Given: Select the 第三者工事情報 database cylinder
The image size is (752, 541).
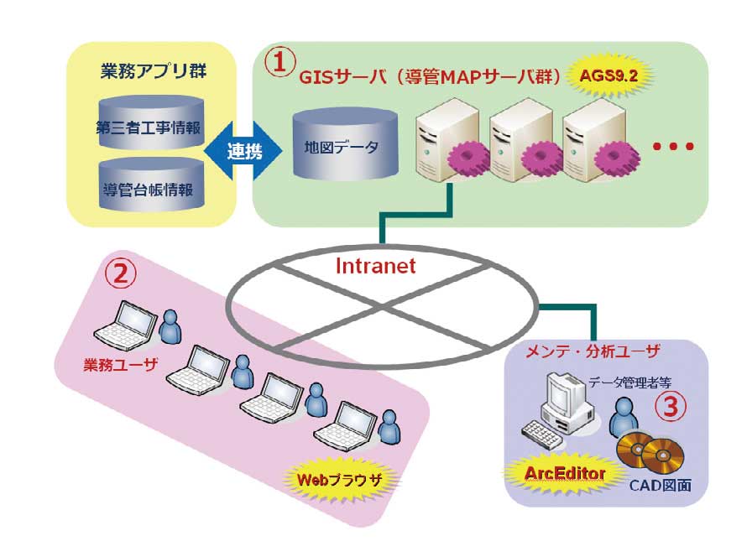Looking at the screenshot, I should [150, 126].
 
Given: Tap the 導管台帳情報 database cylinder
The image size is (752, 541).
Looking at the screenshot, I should [150, 186].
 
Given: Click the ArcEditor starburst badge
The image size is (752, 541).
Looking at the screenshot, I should [564, 474].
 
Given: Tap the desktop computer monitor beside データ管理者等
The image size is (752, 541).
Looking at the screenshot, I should [561, 394].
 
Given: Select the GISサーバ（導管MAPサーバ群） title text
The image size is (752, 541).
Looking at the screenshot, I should [429, 77].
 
